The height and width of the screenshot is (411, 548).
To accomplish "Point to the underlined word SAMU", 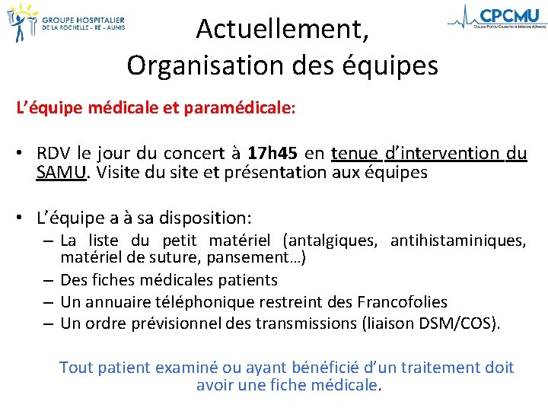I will [61, 172].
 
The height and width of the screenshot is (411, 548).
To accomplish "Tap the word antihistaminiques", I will [457, 241].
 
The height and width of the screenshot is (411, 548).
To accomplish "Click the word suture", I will [161, 258].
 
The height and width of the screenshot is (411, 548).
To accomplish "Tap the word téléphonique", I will [202, 302].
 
